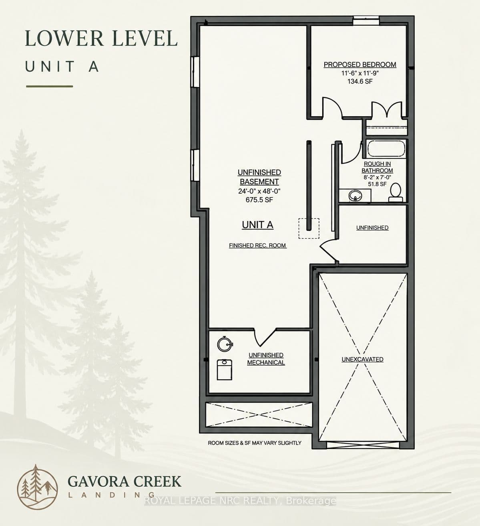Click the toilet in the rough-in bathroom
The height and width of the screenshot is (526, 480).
tap(396, 192)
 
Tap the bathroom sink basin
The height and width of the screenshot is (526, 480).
tap(355, 195)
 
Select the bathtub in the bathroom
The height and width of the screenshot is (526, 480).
tap(386, 149)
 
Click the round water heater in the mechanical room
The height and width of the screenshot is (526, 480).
tap(225, 344)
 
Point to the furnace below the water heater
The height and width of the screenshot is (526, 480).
tap(225, 370)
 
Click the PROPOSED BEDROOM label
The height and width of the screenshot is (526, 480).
tap(360, 65)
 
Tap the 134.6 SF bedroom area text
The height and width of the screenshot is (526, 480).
tap(360, 81)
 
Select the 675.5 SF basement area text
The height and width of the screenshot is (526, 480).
tap(259, 200)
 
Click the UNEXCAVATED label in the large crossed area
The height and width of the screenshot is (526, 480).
tap(362, 359)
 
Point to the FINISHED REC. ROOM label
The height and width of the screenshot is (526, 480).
tap(258, 245)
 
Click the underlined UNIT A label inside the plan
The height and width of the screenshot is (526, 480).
tap(258, 225)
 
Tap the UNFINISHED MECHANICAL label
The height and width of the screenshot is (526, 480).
tap(266, 359)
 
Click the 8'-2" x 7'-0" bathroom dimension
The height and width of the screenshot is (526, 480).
tap(377, 177)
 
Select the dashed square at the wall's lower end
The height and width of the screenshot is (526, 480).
tap(309, 229)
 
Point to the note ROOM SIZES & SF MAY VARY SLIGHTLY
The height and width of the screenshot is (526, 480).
tap(255, 443)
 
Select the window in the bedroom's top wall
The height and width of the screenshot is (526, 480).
tap(366, 20)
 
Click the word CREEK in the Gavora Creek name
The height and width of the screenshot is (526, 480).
tap(157, 481)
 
